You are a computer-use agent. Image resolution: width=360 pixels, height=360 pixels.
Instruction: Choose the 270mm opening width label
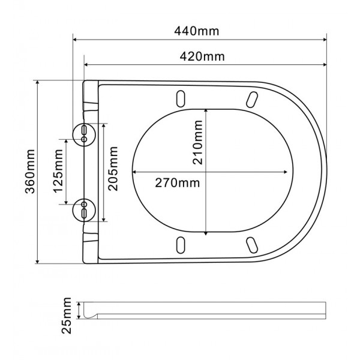[x=174, y=182]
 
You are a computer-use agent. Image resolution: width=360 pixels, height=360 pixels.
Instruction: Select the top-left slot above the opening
[x=180, y=98]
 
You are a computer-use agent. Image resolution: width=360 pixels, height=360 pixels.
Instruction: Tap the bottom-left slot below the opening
[x=180, y=244]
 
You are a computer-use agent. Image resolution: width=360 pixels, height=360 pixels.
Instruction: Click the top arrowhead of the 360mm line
[x=38, y=83]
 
